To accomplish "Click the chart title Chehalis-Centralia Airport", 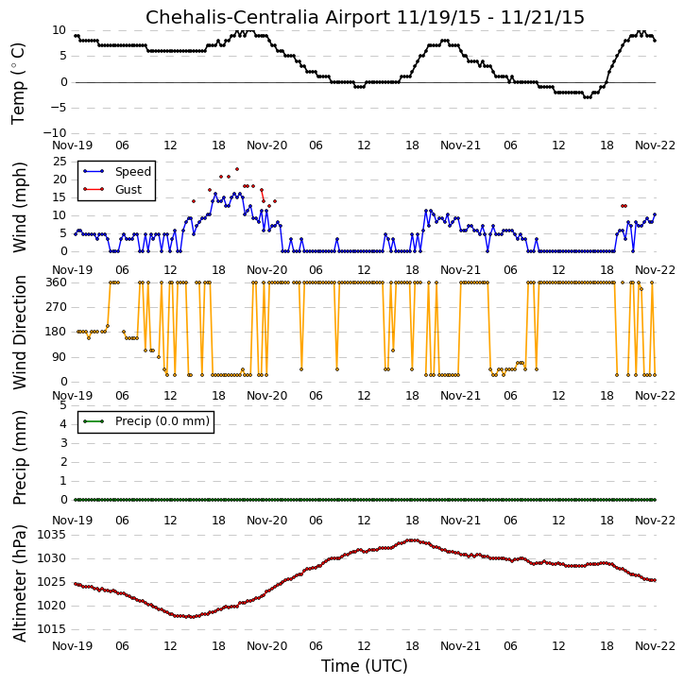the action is [267, 18].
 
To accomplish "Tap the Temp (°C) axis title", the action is [18, 83].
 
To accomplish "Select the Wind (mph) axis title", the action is [19, 207].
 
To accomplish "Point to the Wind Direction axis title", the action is [19, 333].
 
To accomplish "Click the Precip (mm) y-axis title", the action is [19, 458].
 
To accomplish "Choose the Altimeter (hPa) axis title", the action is [19, 583].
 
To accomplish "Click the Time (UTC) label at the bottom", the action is [365, 666].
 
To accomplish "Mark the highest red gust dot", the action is [237, 169].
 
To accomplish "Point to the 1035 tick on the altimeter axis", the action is [52, 535].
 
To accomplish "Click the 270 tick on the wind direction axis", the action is [57, 307].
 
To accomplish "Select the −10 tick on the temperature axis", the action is [55, 133].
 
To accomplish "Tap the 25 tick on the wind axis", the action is [60, 162].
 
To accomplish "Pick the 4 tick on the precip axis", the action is [63, 424].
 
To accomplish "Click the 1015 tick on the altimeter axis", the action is [52, 629].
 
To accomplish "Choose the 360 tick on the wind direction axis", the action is [57, 283].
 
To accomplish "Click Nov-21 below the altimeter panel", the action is [460, 645].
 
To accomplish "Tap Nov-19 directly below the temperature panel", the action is [73, 146].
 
